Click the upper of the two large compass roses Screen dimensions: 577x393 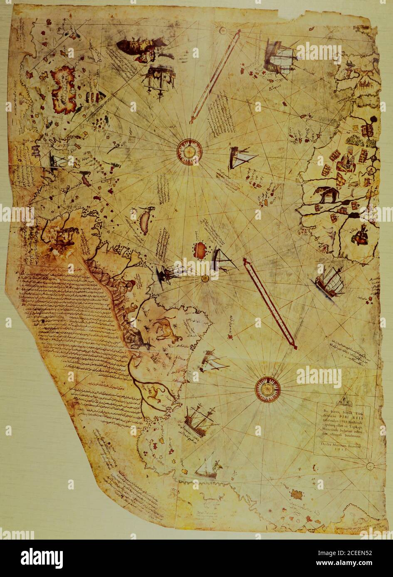pyautogui.click(x=189, y=150)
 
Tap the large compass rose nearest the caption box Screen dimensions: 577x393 pyautogui.click(x=267, y=389)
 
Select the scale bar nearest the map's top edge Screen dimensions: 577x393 pyautogui.click(x=215, y=77)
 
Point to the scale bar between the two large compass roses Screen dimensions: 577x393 pyautogui.click(x=270, y=303)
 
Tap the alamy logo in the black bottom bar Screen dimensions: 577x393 pyautogui.click(x=42, y=558)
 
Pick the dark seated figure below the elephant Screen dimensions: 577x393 pyautogui.click(x=360, y=235)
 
